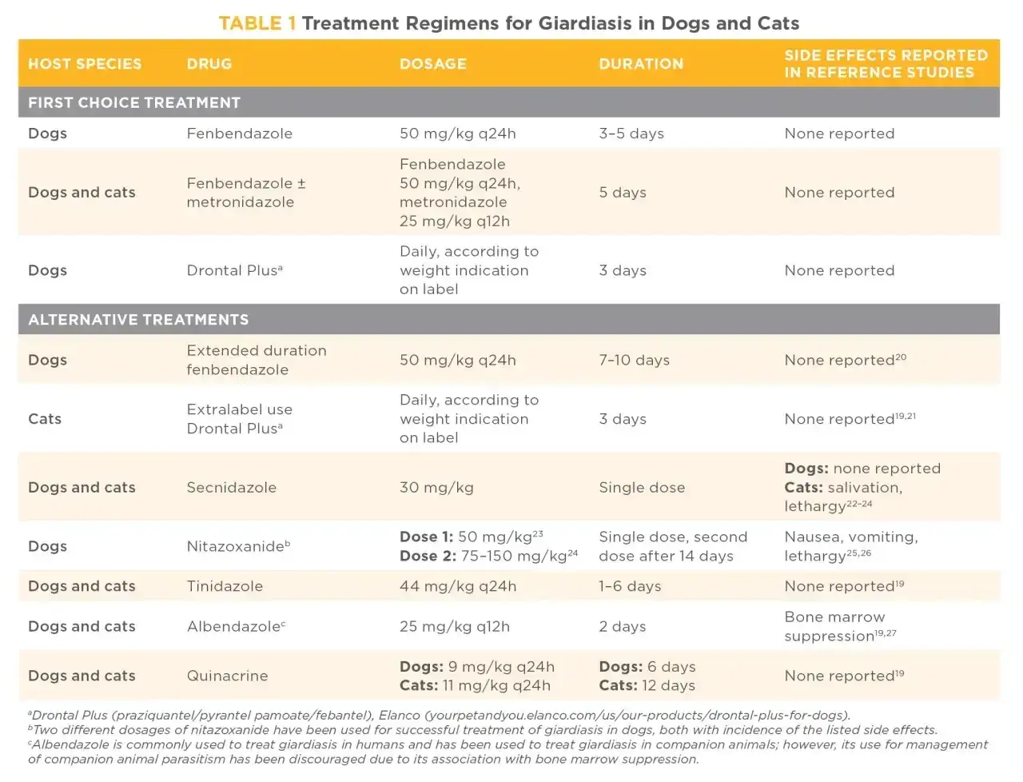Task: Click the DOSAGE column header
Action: click(432, 64)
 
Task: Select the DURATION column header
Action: click(641, 64)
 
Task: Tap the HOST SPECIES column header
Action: click(85, 64)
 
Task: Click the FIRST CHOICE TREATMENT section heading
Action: click(134, 102)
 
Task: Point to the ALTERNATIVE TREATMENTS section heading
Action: click(138, 319)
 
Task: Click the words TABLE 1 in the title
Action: click(257, 23)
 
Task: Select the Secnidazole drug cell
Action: click(232, 487)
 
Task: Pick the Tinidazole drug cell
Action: click(225, 586)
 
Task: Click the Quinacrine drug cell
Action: click(228, 676)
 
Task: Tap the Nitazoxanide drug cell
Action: click(239, 546)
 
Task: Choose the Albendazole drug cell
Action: click(237, 626)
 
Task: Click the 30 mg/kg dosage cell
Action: click(436, 487)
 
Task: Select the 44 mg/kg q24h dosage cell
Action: click(458, 586)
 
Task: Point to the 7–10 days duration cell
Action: click(634, 360)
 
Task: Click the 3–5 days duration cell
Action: click(631, 134)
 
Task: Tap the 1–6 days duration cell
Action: click(630, 586)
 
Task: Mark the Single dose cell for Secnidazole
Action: click(642, 487)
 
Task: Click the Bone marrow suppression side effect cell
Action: click(840, 626)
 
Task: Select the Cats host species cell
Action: click(45, 419)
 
